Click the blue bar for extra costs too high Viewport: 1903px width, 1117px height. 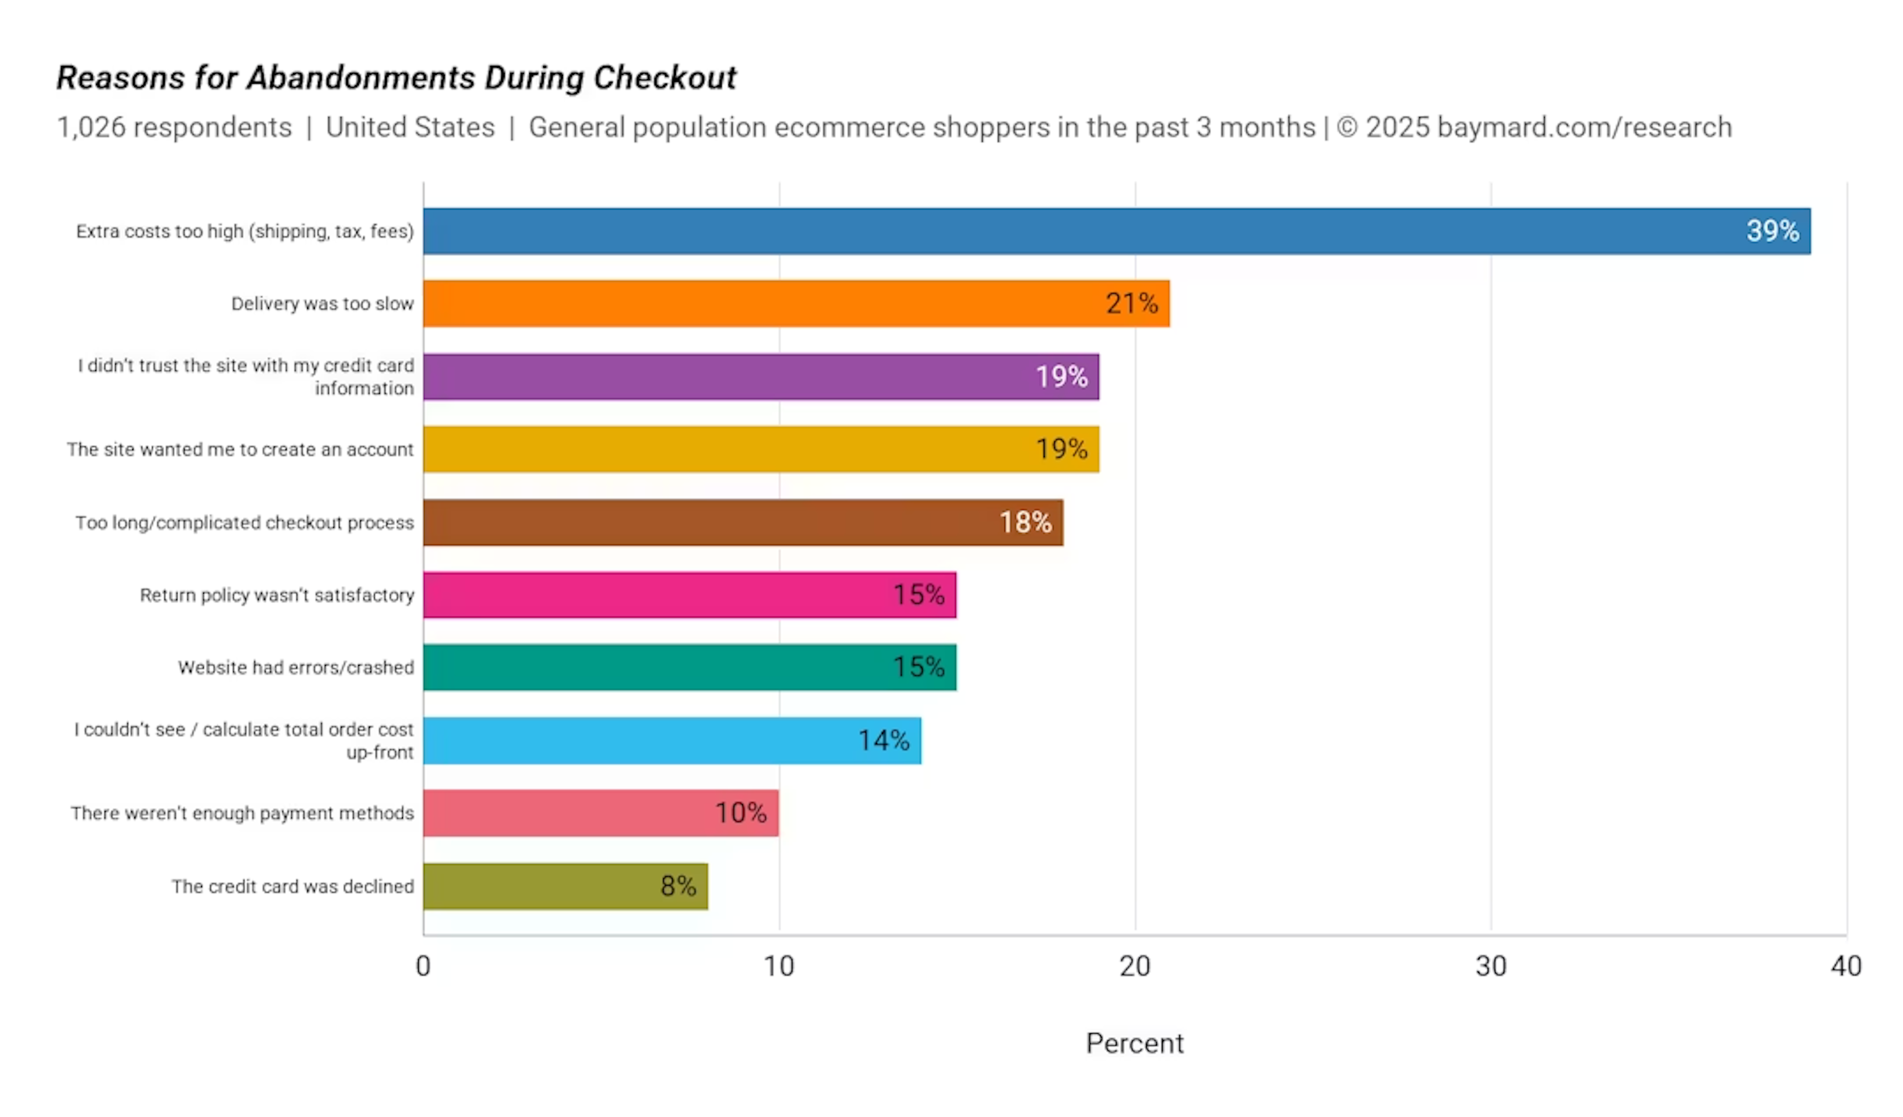click(1057, 231)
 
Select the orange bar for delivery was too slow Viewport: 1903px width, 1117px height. click(755, 304)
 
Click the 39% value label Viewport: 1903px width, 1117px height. click(1772, 231)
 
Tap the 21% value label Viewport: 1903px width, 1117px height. click(1131, 304)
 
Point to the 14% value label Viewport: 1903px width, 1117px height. click(884, 741)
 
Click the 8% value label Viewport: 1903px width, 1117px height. click(678, 887)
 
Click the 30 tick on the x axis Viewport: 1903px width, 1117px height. click(1491, 967)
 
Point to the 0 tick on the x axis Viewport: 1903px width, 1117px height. click(424, 967)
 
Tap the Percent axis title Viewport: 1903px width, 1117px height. click(1134, 1044)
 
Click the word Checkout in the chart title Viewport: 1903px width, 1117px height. click(665, 78)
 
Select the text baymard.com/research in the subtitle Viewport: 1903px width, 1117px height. click(1584, 128)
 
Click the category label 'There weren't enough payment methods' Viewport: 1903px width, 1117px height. click(242, 813)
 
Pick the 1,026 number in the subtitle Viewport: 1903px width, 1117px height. click(91, 128)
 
